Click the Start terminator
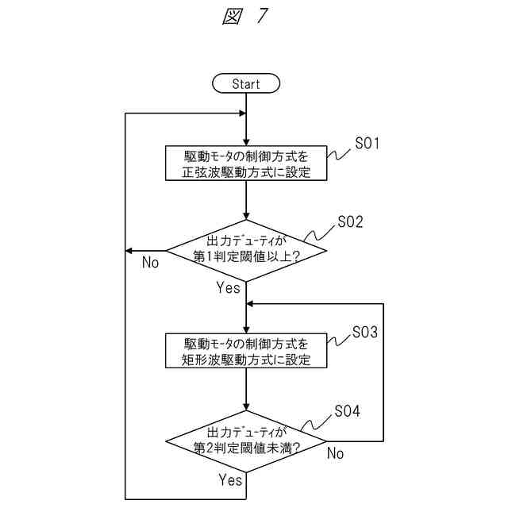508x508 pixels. [x=246, y=83]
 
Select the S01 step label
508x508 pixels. [x=367, y=143]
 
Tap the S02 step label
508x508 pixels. [x=350, y=222]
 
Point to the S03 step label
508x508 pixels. [x=365, y=332]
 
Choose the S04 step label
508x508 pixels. [x=348, y=411]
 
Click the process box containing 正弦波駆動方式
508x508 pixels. [x=246, y=163]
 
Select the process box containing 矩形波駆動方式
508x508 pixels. [x=246, y=351]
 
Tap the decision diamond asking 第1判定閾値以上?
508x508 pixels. [x=246, y=251]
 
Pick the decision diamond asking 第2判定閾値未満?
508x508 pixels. [x=246, y=441]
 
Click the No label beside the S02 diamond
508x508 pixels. [x=150, y=263]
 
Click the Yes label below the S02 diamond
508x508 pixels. [x=229, y=287]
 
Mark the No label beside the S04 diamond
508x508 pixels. [x=335, y=453]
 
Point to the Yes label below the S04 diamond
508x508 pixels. [x=230, y=479]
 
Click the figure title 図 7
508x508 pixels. [x=245, y=16]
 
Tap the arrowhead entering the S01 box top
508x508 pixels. [x=246, y=142]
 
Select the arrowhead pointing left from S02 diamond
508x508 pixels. [x=129, y=251]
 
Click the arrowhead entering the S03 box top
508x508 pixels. [x=246, y=330]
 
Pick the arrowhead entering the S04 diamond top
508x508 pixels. [x=246, y=407]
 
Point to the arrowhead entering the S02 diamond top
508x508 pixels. [x=246, y=217]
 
